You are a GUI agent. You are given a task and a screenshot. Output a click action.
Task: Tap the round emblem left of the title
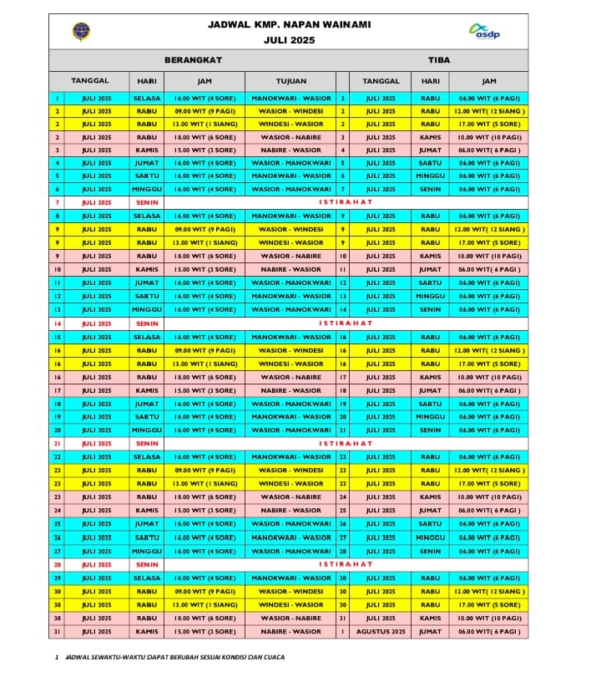coord(82,32)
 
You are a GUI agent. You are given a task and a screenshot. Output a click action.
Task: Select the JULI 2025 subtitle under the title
coord(289,39)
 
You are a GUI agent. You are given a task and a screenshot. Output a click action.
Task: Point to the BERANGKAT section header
coord(198,60)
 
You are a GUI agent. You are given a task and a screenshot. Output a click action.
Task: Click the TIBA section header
coord(439,60)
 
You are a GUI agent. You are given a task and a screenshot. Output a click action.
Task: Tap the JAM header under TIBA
coord(488,81)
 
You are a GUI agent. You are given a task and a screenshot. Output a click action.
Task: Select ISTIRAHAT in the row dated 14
coord(346,323)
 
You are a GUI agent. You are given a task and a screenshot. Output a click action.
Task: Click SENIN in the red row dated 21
coord(147,444)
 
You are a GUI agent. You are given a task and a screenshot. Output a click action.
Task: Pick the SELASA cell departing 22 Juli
coord(147,457)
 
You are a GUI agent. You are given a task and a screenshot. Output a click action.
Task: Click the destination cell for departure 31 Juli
coord(291,632)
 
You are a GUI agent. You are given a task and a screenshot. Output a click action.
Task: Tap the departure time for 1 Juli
coord(205,98)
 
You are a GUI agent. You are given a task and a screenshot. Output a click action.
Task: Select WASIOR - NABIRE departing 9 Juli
coord(291,256)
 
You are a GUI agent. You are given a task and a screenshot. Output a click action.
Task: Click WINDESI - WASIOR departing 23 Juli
coord(291,484)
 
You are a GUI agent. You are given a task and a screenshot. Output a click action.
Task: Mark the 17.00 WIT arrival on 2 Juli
coord(488,124)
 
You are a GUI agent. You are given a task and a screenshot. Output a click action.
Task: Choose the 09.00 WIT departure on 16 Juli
coord(205,350)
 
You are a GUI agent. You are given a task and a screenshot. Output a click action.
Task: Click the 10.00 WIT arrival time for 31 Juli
coord(488,618)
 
